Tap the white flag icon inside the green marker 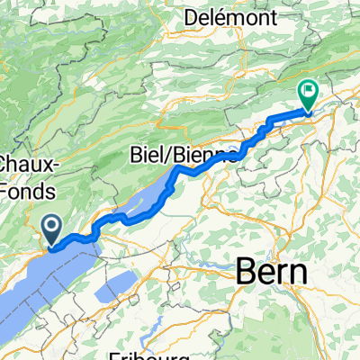pyautogui.click(x=308, y=90)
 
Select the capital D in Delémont pyautogui.click(x=190, y=17)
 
